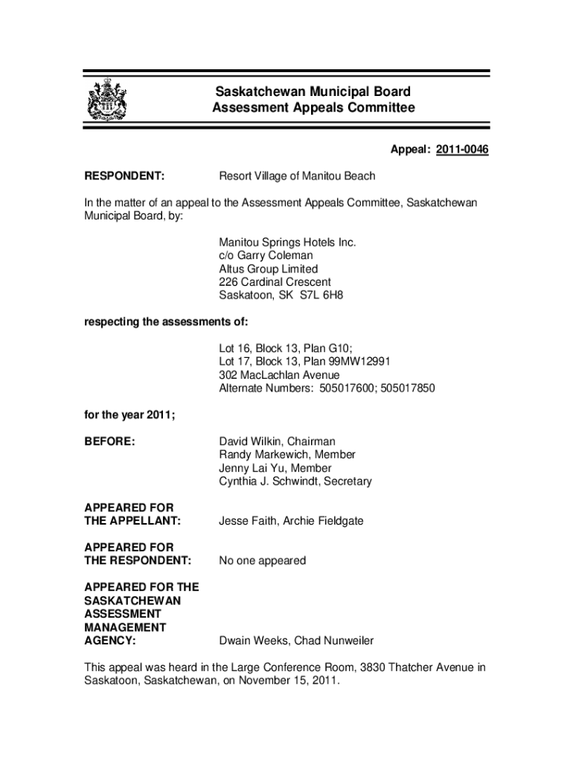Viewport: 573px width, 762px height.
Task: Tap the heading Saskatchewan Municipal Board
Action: pyautogui.click(x=313, y=92)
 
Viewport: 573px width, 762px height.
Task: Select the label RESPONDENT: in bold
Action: pyautogui.click(x=124, y=176)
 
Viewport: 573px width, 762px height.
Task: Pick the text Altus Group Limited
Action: pyautogui.click(x=268, y=269)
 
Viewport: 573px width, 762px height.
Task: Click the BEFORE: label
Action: pyautogui.click(x=109, y=441)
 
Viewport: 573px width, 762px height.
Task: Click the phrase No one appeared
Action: pyautogui.click(x=262, y=560)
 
